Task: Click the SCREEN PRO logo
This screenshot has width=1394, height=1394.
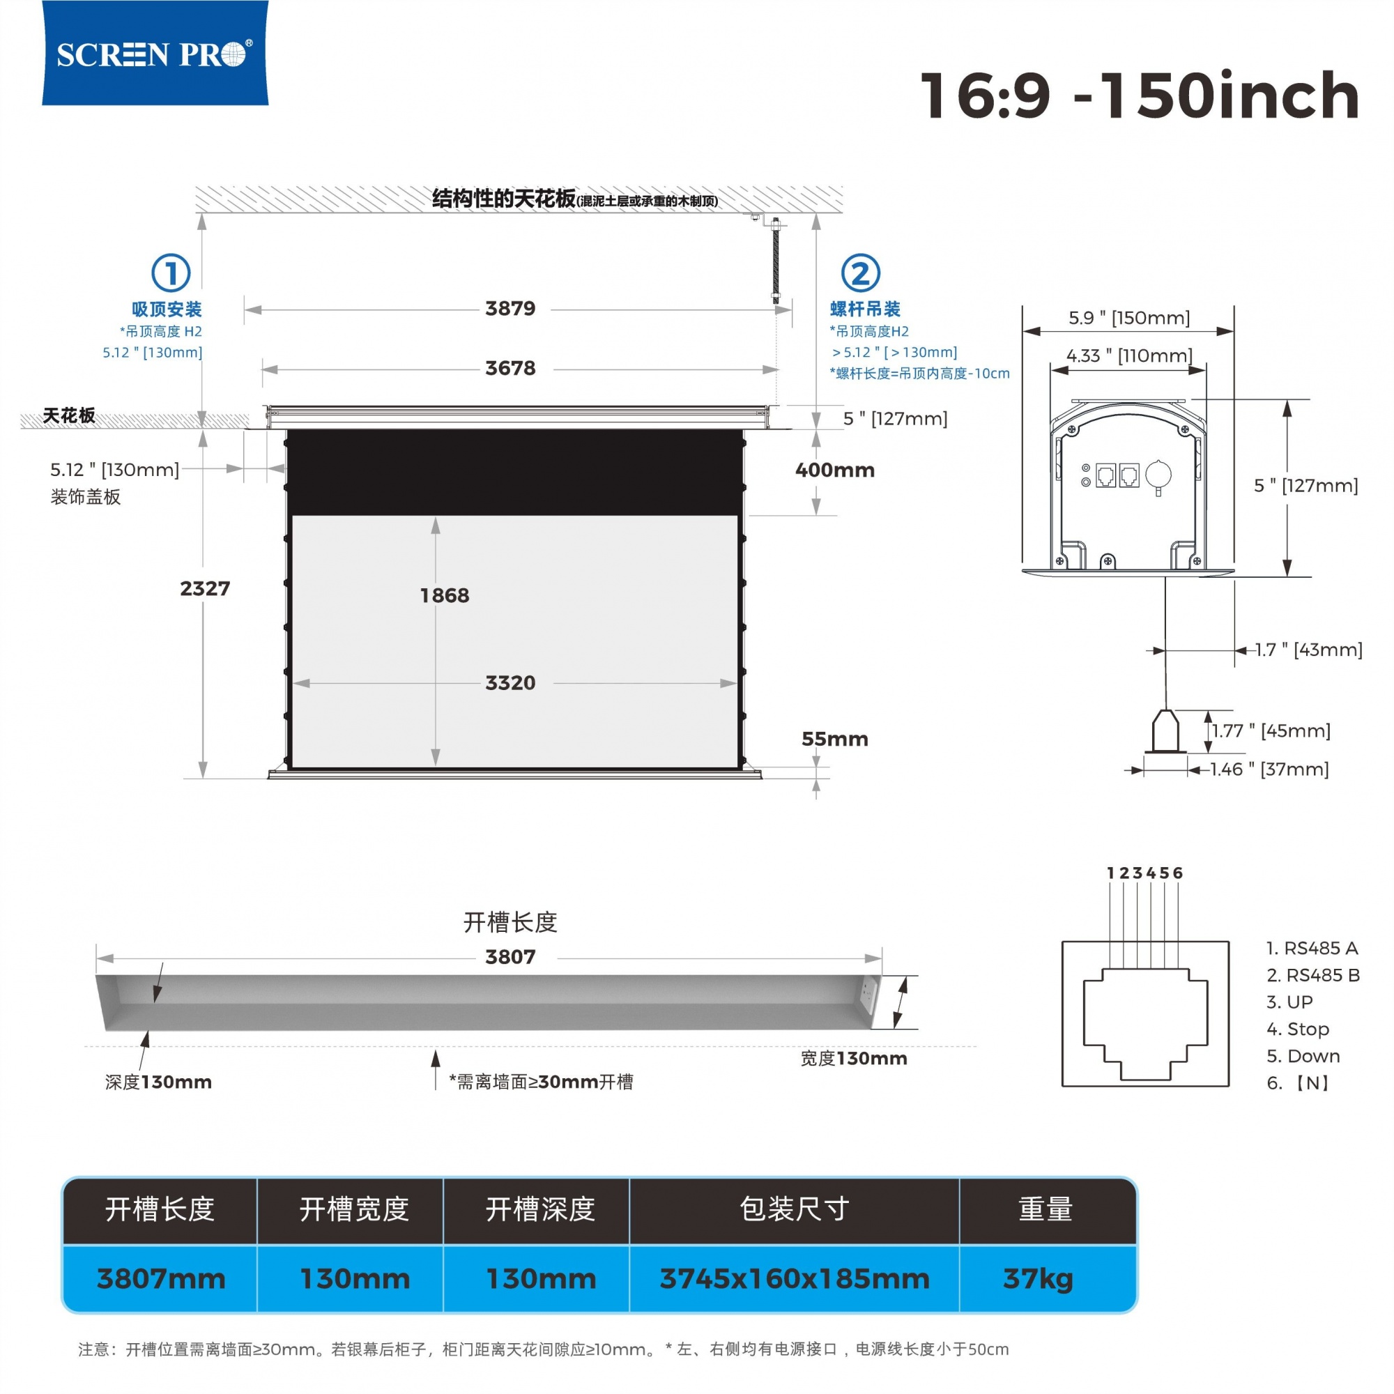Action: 155,53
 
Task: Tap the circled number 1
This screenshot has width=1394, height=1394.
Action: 171,273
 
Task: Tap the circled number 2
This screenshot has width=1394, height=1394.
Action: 861,273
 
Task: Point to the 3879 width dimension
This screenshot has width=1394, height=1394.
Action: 510,309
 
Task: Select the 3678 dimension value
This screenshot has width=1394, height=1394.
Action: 510,369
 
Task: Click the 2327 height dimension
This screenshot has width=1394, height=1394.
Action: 205,589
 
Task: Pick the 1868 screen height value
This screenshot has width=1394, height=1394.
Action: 445,596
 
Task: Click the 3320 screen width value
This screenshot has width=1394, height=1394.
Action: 510,683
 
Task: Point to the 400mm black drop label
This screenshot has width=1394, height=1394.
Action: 835,470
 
